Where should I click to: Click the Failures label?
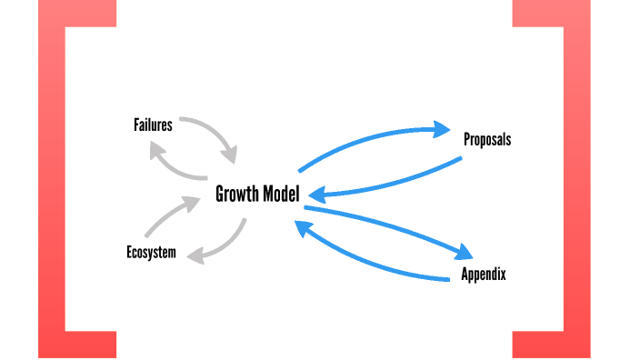tap(153, 125)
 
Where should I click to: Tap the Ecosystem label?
tap(151, 252)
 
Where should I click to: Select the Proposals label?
tap(487, 140)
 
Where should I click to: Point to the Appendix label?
tap(483, 275)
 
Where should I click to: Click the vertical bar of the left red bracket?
tap(52, 182)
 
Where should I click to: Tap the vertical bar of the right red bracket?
tap(576, 182)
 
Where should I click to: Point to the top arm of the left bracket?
tap(77, 13)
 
